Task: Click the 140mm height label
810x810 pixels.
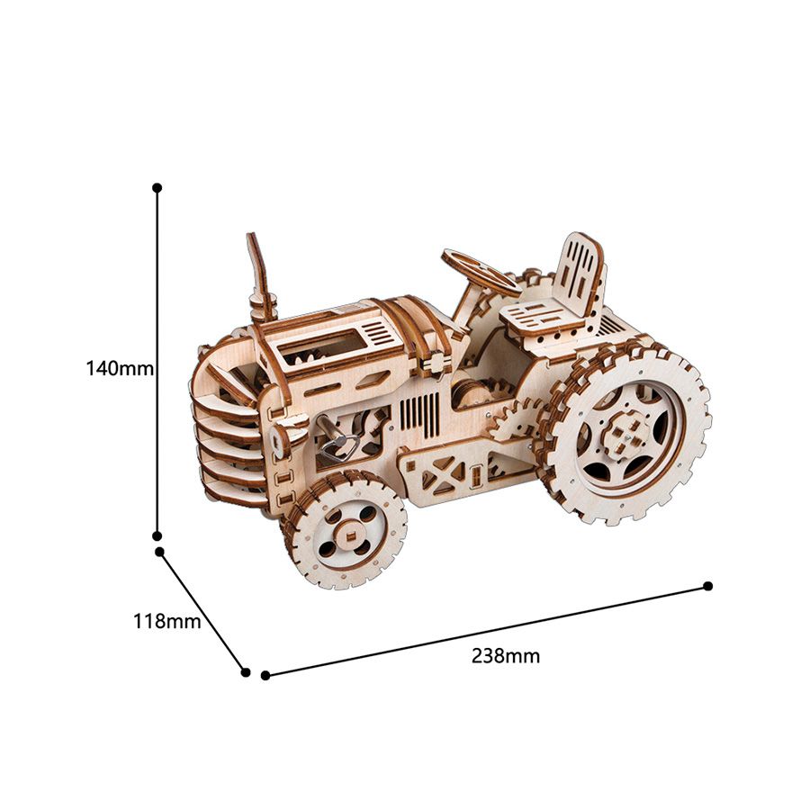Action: [120, 369]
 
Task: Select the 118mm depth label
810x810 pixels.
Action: [166, 621]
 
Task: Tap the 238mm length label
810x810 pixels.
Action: [506, 656]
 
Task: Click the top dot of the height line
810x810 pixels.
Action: [157, 187]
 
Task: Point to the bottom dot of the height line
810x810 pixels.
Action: [157, 536]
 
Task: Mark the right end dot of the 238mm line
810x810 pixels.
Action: [708, 586]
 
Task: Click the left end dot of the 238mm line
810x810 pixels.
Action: [265, 675]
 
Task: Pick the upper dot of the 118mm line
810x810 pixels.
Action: [160, 552]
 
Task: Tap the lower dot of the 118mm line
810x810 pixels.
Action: [246, 672]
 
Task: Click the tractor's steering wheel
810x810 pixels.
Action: [481, 272]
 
